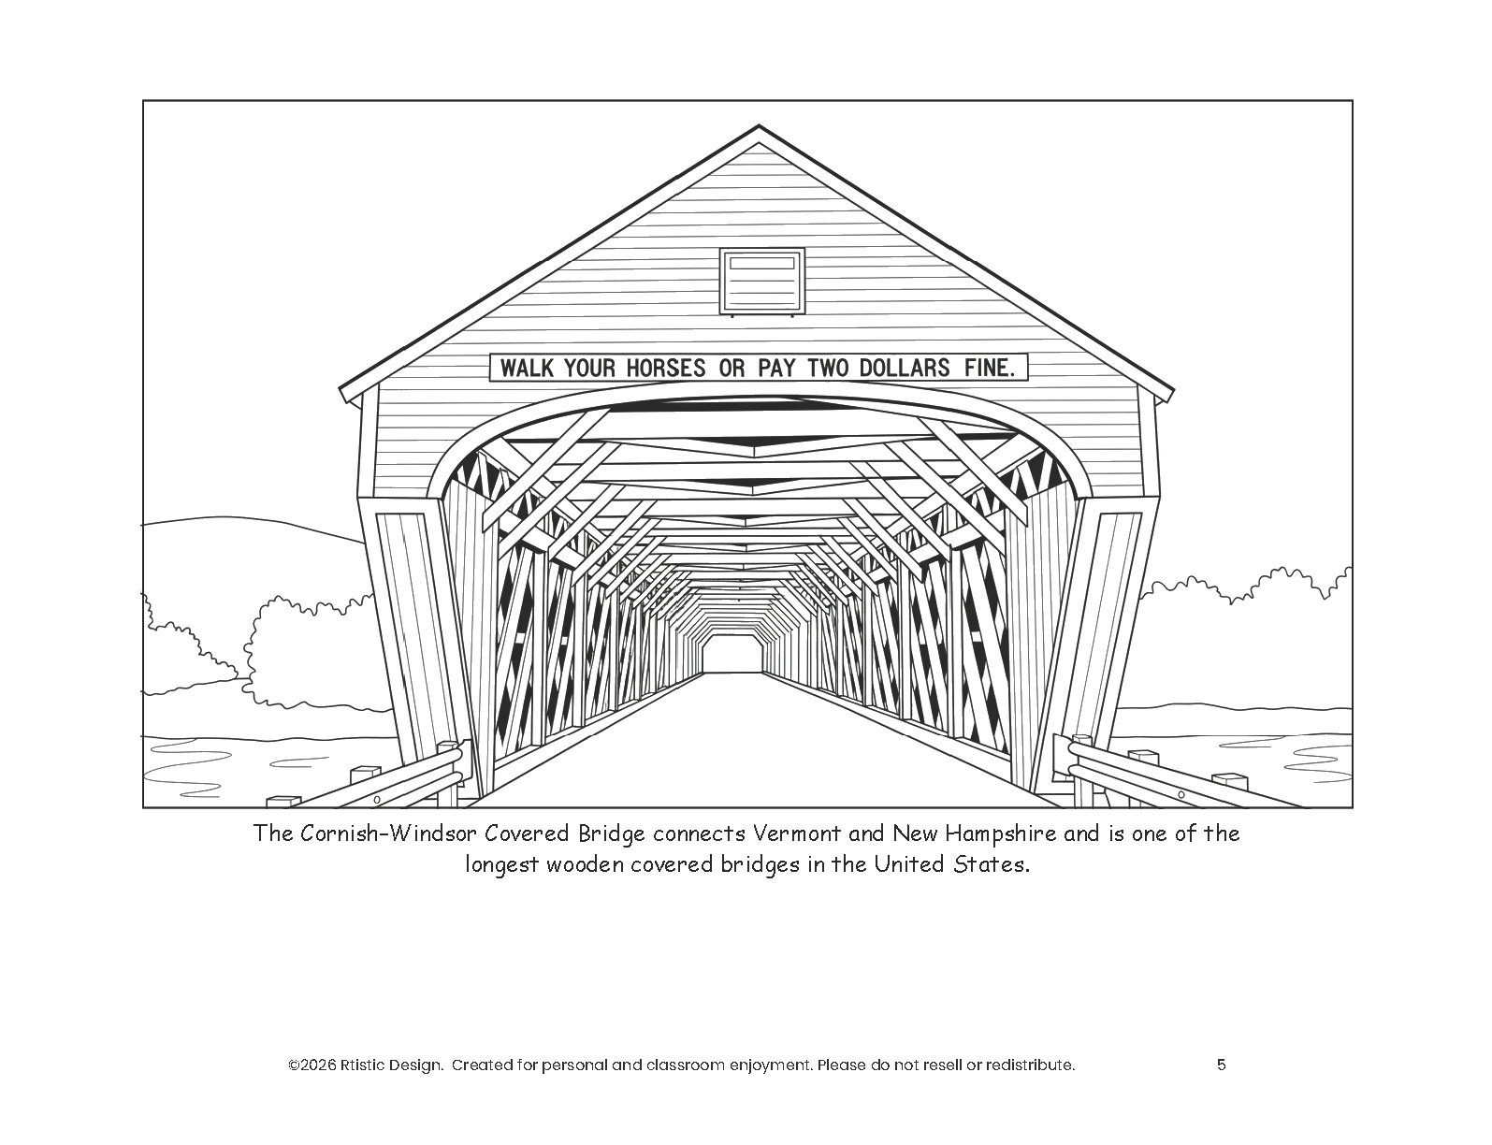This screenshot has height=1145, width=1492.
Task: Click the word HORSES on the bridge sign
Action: pos(662,368)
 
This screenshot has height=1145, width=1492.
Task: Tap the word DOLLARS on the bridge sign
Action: pos(905,368)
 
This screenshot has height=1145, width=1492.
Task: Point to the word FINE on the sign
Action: pos(989,368)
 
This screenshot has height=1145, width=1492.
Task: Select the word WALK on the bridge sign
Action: pos(528,368)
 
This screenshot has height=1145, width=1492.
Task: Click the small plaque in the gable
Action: pos(761,280)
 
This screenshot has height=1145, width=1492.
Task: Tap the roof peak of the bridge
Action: pos(759,129)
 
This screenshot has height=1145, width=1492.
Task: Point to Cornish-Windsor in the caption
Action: pos(389,833)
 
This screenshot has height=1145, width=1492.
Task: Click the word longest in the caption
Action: pos(502,864)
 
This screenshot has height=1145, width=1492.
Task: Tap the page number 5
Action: pos(1222,1065)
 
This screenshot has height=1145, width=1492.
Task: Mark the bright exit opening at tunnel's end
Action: pos(732,652)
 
